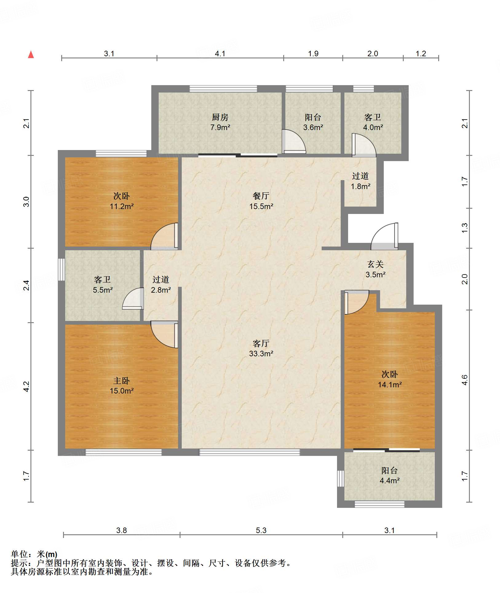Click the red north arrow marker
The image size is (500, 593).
[31, 54]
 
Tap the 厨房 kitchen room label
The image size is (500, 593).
[220, 117]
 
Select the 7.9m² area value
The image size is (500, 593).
[220, 127]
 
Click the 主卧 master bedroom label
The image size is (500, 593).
[121, 381]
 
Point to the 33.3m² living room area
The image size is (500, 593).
[261, 354]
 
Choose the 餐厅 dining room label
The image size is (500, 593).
[261, 196]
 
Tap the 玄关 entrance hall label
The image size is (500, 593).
[375, 264]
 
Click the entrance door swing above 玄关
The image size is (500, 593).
[384, 236]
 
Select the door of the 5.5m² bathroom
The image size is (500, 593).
[133, 298]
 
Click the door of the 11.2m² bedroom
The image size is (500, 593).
[164, 236]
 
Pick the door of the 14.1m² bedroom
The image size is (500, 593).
[357, 302]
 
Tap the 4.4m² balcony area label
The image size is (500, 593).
[390, 480]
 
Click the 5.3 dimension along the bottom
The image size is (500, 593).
[261, 530]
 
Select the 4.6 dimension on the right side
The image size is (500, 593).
[465, 380]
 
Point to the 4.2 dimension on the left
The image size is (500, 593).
[26, 386]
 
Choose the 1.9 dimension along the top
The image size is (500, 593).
[313, 53]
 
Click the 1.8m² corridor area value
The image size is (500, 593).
[360, 186]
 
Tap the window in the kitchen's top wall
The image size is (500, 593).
[223, 89]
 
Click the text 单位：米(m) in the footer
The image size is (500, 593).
[34, 554]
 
